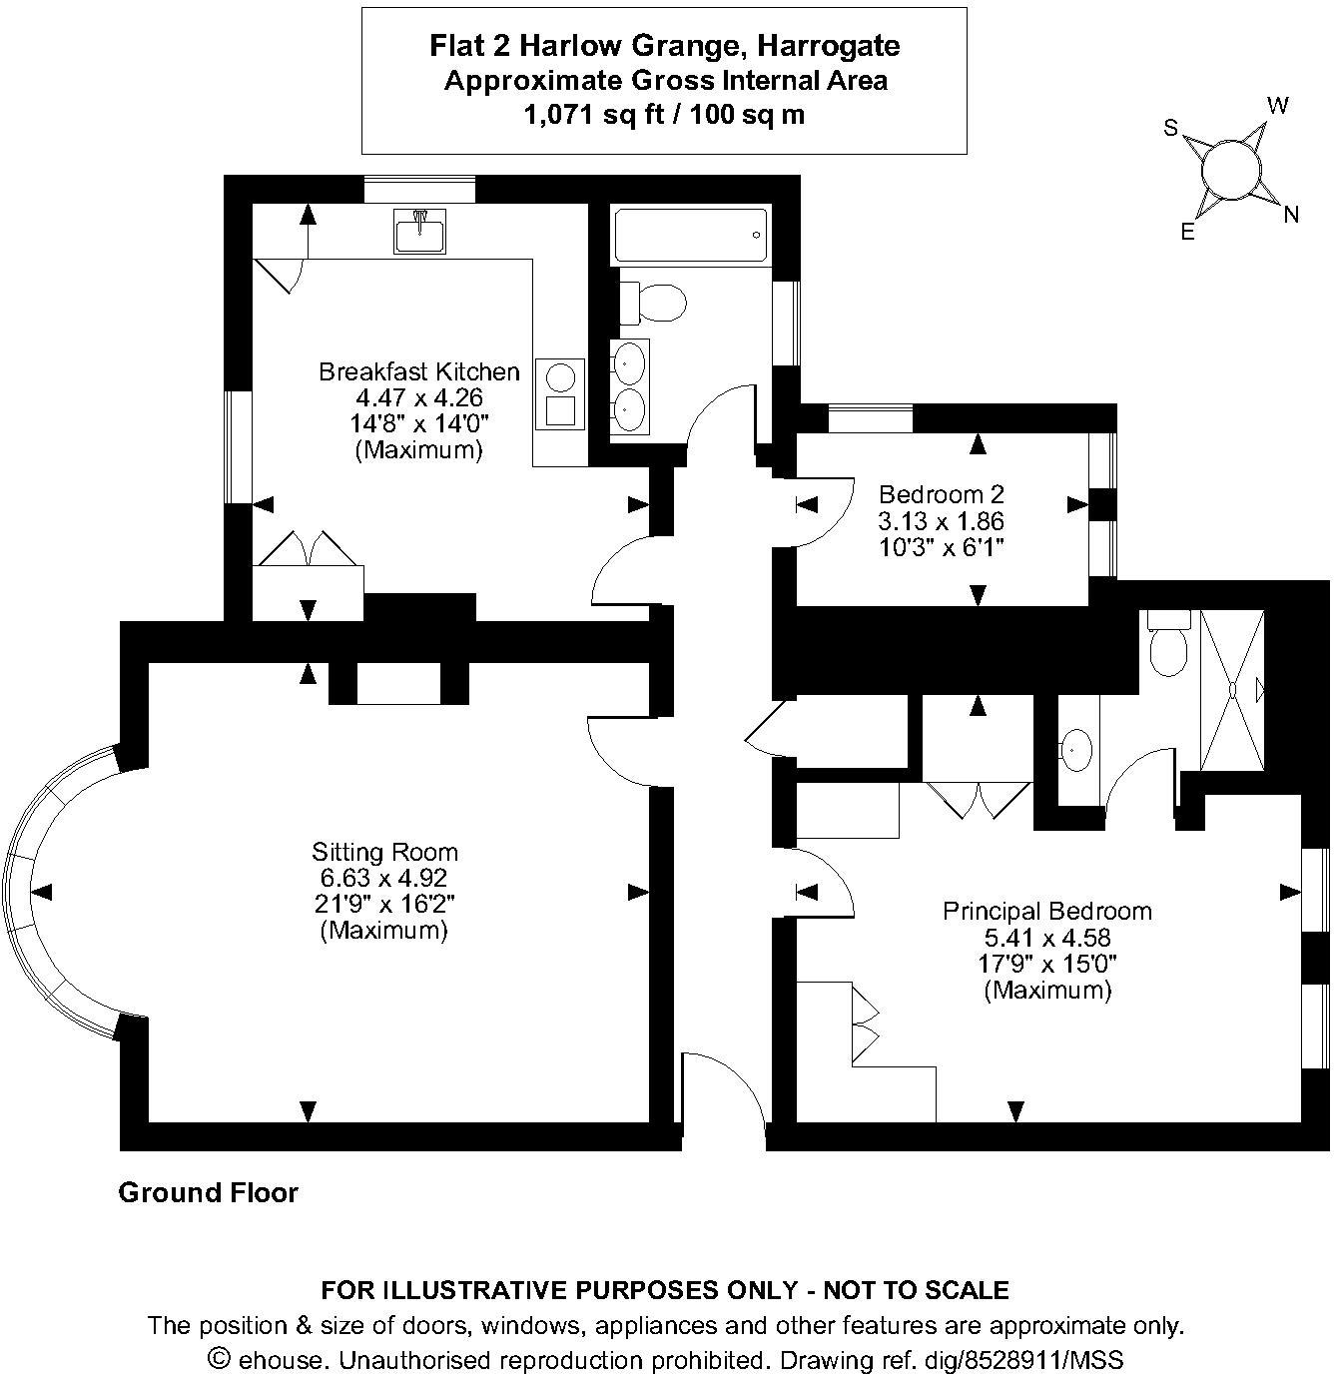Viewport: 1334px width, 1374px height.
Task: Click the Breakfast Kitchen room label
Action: [x=418, y=372]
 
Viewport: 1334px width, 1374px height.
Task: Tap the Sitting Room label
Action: [x=384, y=852]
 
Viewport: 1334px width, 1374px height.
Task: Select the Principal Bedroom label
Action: [x=1046, y=911]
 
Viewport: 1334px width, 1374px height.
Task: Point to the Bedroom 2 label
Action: [x=941, y=494]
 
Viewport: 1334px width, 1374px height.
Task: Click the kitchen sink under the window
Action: [x=420, y=232]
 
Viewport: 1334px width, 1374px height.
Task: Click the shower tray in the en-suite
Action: [x=1232, y=690]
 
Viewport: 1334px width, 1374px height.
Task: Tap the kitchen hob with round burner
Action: [x=560, y=377]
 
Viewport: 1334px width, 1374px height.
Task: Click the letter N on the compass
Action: [x=1291, y=214]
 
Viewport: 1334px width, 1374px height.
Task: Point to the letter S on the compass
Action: [x=1171, y=128]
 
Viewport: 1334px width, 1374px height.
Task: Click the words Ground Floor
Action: [x=208, y=1192]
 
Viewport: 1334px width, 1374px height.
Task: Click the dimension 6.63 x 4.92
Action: [x=383, y=878]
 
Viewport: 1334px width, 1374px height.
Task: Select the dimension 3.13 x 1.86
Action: [x=941, y=521]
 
